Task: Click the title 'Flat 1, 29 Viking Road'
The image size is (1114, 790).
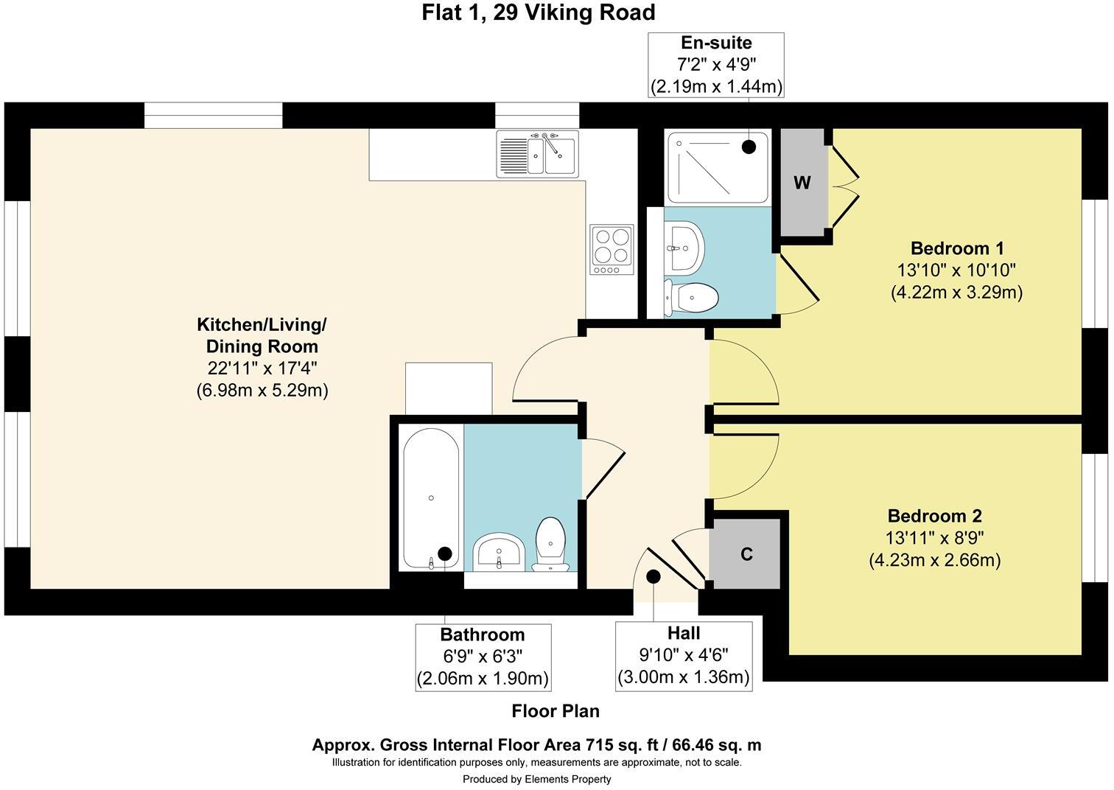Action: click(538, 13)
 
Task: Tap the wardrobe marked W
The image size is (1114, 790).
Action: click(802, 183)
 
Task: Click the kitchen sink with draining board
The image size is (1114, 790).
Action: click(538, 154)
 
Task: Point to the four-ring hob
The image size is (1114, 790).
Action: click(612, 249)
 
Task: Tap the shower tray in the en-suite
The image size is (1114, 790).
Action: click(717, 167)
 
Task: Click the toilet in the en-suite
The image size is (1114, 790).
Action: click(692, 298)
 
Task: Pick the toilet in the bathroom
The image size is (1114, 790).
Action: click(550, 545)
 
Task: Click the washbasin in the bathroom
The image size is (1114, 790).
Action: click(499, 552)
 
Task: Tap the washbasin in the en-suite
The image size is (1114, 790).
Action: click(683, 248)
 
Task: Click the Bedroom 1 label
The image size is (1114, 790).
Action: click(957, 248)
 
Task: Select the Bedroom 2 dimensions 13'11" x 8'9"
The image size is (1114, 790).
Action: click(935, 538)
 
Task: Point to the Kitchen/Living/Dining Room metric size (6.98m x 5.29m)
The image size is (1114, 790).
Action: click(262, 390)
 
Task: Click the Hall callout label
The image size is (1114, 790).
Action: click(684, 633)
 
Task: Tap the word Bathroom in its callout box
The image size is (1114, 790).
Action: click(483, 635)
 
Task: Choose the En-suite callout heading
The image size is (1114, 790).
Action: click(716, 43)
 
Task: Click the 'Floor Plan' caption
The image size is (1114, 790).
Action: click(556, 711)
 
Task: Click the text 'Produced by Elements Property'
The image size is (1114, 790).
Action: click(536, 779)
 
